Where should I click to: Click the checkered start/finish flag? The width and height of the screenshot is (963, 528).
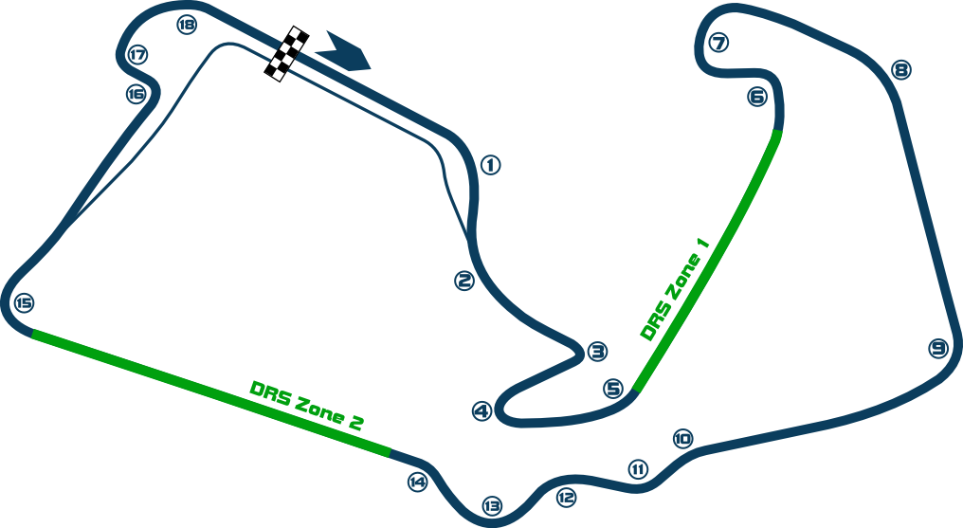click(x=287, y=54)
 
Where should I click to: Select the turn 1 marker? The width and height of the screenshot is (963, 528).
click(x=490, y=165)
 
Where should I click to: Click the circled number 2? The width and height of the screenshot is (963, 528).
click(x=463, y=281)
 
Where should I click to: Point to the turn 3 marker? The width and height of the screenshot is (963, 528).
click(x=596, y=352)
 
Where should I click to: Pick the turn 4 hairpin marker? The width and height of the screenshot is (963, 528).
click(x=482, y=411)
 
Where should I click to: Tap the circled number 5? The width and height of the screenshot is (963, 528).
click(x=613, y=389)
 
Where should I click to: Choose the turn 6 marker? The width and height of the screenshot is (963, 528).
click(x=756, y=96)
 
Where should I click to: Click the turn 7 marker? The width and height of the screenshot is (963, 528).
click(x=718, y=44)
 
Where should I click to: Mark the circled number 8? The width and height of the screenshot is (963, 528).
click(x=901, y=69)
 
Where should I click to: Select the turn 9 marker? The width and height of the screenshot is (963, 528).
click(x=938, y=348)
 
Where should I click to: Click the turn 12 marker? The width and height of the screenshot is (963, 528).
click(x=566, y=495)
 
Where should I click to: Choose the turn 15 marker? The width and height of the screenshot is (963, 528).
click(x=491, y=506)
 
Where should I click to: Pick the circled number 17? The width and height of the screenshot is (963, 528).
click(x=138, y=55)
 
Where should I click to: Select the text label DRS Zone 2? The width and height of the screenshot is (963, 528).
click(x=306, y=407)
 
